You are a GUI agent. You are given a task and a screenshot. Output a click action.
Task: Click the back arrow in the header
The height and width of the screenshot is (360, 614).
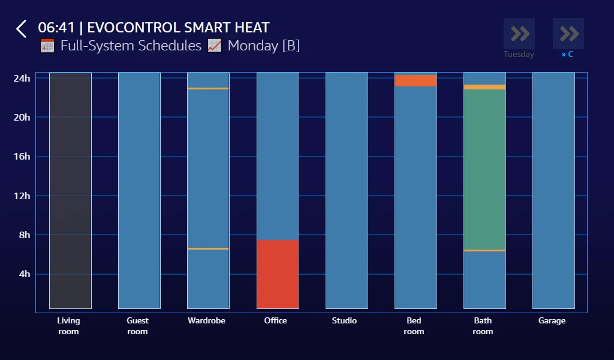click(x=22, y=29)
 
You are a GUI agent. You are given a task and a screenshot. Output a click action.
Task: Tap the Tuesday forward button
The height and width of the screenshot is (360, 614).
click(x=519, y=34)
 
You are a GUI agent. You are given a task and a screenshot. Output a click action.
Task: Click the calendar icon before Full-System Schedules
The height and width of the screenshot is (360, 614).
click(x=47, y=46)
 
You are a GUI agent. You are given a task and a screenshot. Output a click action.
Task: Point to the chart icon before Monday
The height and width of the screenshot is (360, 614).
click(x=215, y=46)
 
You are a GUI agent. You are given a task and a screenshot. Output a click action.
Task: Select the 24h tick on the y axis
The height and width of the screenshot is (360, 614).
click(x=22, y=78)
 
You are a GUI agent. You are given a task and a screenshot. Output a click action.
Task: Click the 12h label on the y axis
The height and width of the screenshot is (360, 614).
click(x=22, y=196)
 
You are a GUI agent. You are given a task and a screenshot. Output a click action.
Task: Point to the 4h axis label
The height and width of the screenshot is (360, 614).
click(x=24, y=274)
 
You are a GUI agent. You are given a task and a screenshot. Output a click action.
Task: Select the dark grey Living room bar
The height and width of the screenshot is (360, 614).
click(x=70, y=191)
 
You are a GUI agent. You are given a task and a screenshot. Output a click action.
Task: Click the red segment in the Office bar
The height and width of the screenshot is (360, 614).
click(x=278, y=274)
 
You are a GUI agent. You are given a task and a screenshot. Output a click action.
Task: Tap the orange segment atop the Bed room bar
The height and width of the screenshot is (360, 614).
click(x=416, y=80)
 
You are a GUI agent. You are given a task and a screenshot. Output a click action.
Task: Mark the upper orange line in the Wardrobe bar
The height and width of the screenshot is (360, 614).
click(x=208, y=89)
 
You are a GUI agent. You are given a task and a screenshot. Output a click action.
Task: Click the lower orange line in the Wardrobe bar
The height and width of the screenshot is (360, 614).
click(x=208, y=248)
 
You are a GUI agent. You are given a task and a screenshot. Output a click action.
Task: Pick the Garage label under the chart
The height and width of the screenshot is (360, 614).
click(x=552, y=321)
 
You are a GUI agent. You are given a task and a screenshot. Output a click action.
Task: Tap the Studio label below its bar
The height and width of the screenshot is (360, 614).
click(x=344, y=321)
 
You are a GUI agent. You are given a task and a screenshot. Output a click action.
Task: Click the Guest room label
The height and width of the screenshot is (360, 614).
click(x=137, y=326)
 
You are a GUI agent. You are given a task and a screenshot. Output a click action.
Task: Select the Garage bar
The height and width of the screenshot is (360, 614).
click(x=553, y=191)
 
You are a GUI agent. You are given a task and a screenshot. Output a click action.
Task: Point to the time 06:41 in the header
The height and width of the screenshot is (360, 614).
click(x=56, y=28)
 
